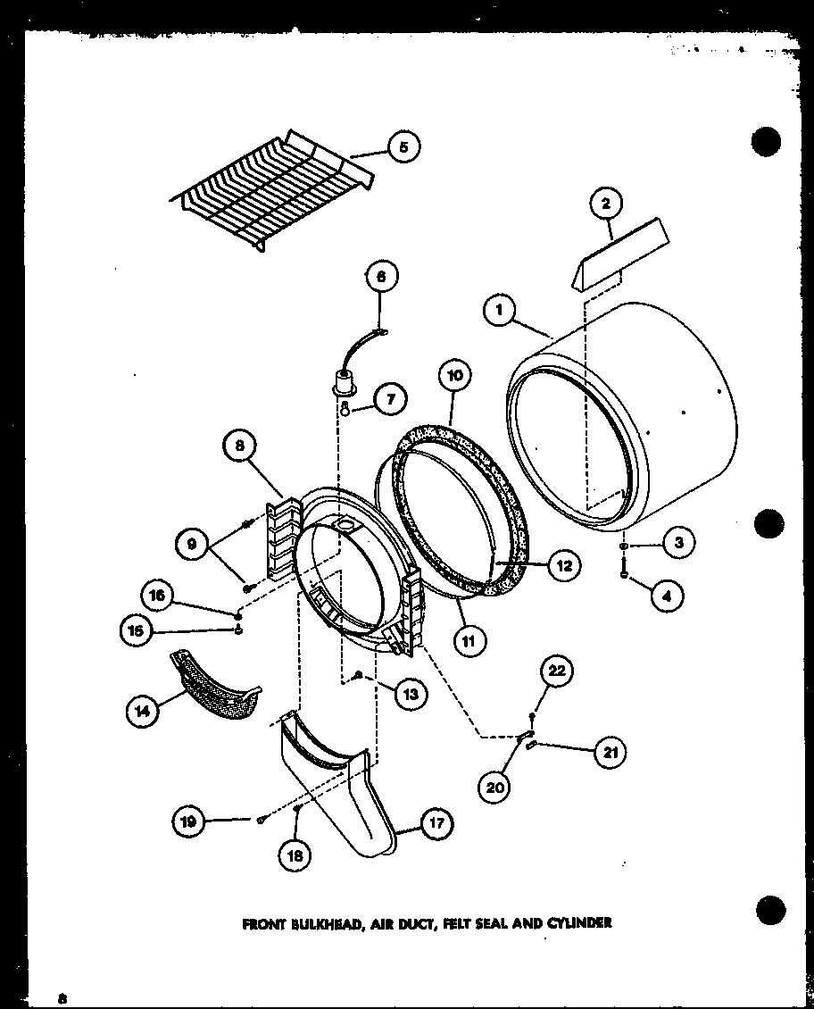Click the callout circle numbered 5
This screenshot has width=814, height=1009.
point(404,146)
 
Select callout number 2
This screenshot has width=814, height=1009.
point(606,204)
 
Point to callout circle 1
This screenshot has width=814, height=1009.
point(498,311)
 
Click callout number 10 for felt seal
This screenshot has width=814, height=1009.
point(454,375)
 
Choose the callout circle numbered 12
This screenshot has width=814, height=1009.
point(565,564)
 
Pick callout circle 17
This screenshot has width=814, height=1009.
point(436,822)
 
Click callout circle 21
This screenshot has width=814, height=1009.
point(610,752)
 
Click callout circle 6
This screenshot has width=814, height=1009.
point(381,279)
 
